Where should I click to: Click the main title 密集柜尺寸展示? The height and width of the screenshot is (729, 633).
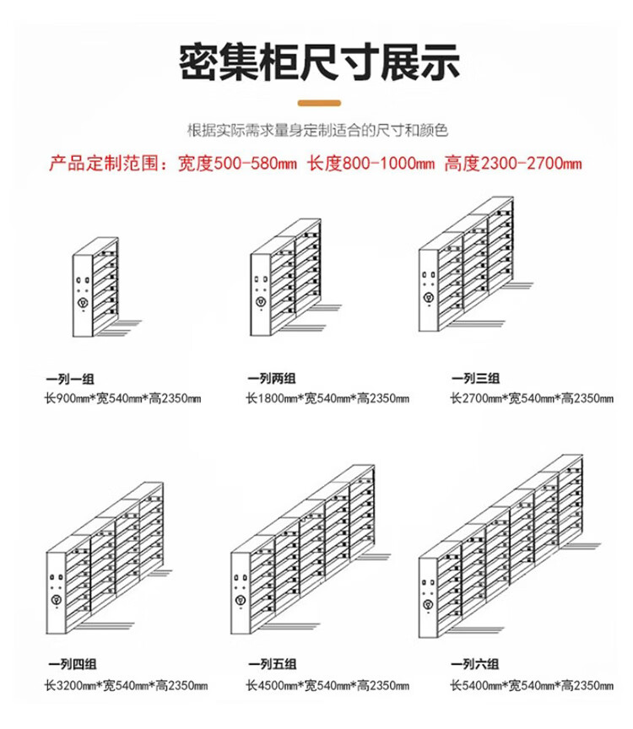[320, 61]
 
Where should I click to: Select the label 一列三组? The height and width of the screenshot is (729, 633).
[475, 379]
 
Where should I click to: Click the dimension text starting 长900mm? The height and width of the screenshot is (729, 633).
[124, 397]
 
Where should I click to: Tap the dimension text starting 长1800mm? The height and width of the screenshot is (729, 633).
[327, 397]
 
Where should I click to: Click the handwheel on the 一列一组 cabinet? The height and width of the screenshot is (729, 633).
[83, 301]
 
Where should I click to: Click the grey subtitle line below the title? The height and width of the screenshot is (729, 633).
[316, 131]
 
